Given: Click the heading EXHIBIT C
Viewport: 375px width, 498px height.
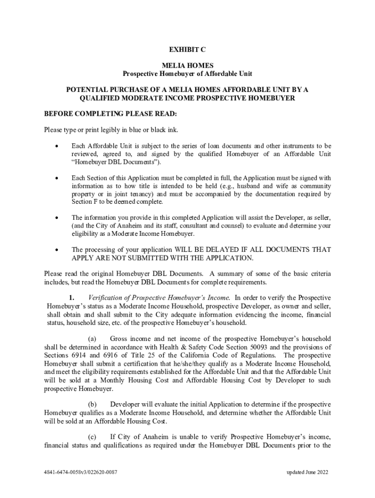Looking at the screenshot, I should (x=187, y=50).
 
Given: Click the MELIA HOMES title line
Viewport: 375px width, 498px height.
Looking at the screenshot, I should (x=187, y=65).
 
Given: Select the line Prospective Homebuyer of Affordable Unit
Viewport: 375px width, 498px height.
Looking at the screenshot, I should (x=187, y=73).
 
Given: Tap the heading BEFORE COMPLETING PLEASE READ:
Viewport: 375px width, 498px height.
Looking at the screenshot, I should (x=111, y=114).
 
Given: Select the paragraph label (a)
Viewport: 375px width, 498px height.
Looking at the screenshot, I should (x=92, y=338).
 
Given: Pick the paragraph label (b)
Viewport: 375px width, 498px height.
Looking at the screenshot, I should (x=92, y=404).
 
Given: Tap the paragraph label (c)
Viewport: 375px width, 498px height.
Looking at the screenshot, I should (x=92, y=437).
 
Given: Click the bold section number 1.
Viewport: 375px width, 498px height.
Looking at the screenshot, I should (x=72, y=298).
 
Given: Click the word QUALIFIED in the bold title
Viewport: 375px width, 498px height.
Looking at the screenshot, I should (x=99, y=98).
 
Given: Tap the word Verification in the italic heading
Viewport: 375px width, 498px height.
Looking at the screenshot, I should (x=105, y=298).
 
